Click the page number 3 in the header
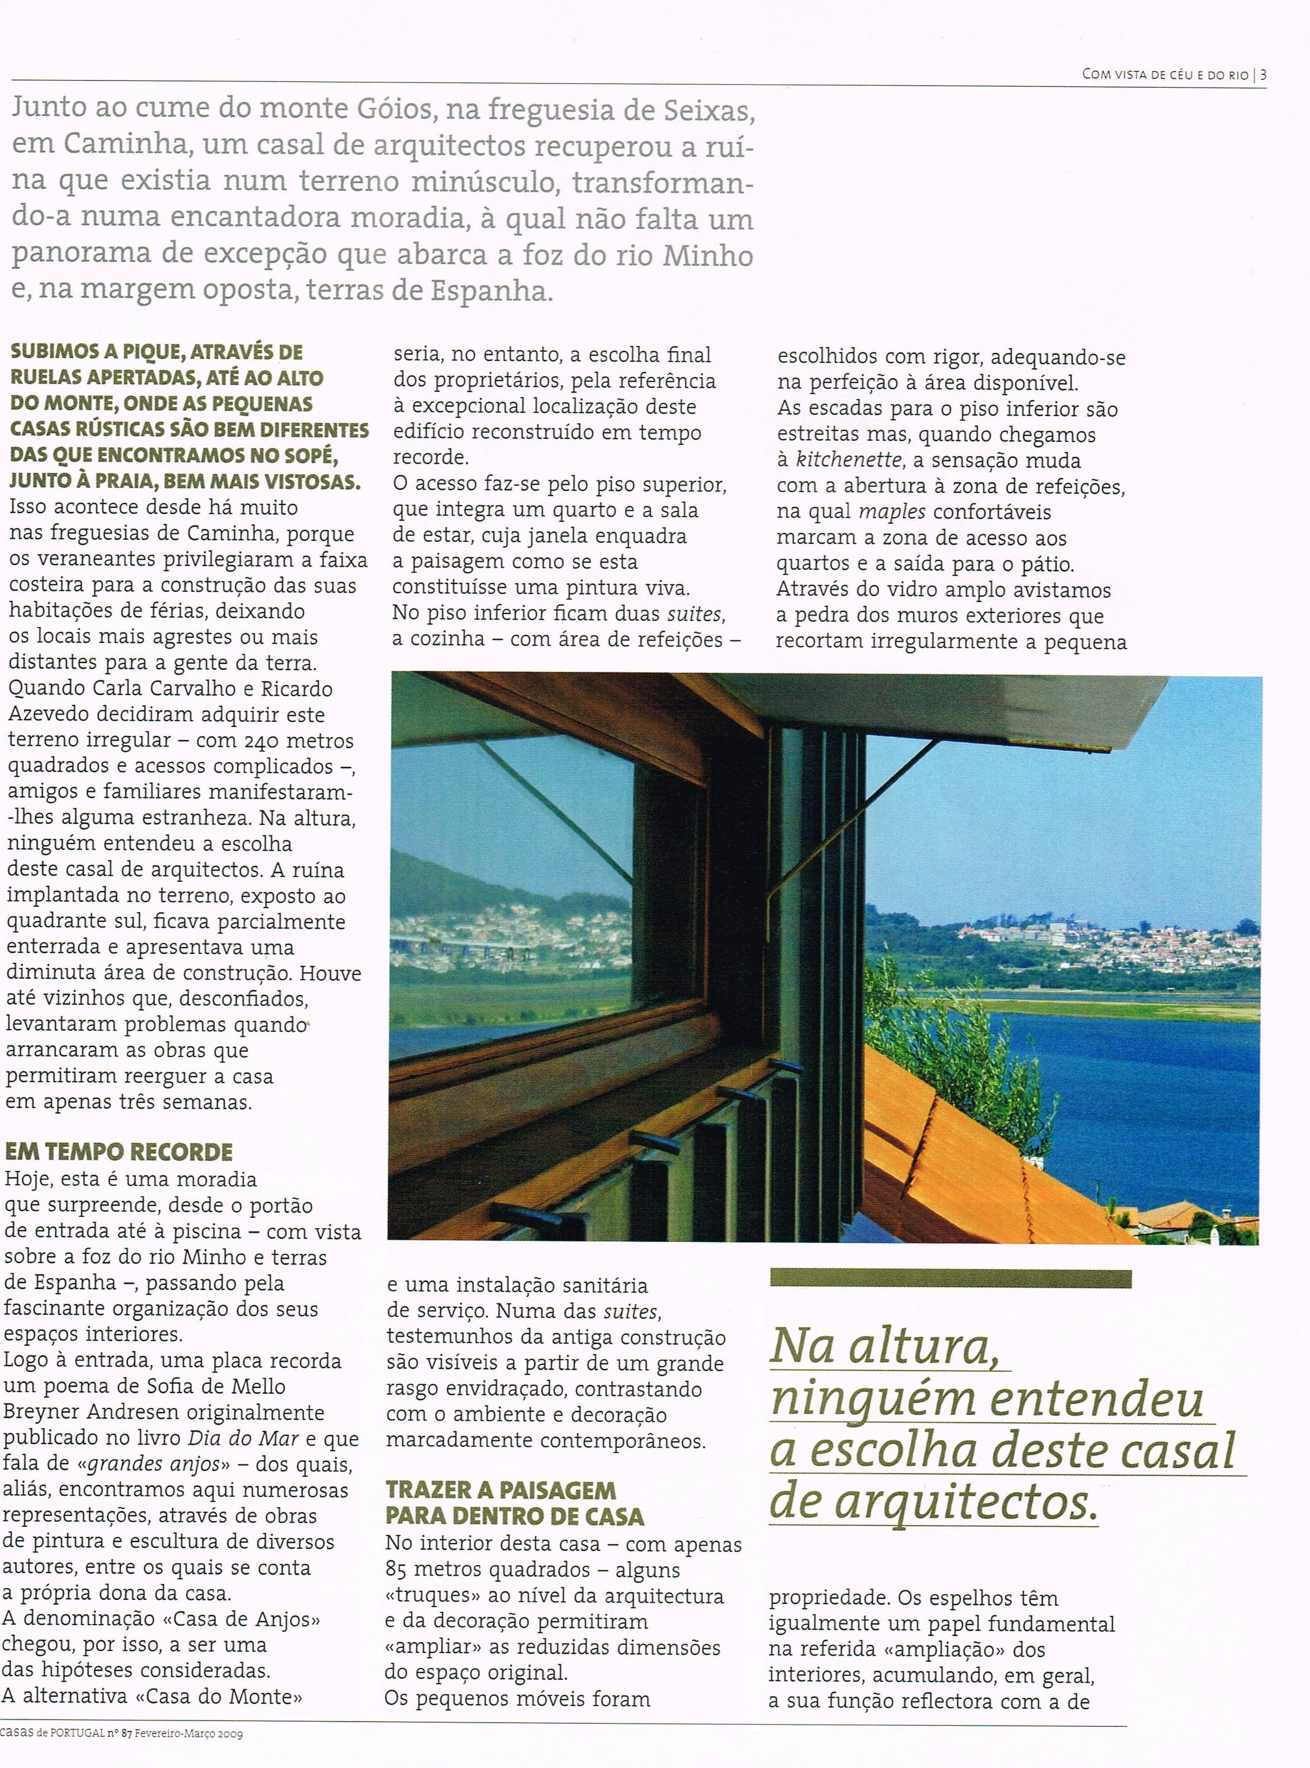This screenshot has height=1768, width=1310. pos(1263,75)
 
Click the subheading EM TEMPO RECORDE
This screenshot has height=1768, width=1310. pos(119,1152)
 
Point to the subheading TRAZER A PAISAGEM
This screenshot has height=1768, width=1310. pos(501,1490)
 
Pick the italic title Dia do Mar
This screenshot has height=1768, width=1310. pos(242,1439)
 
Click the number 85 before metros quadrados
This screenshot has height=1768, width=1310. pos(399,1571)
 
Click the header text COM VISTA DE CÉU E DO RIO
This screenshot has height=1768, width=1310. pos(1164,75)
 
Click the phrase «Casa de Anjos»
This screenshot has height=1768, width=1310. pos(224,1620)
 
